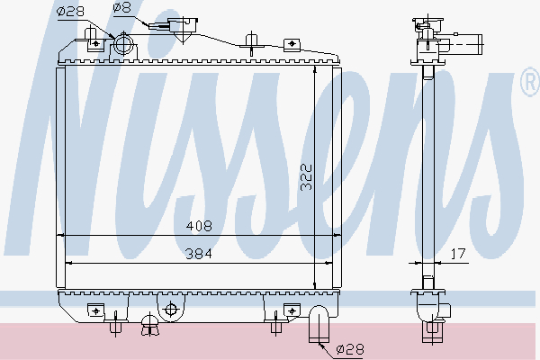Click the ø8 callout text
click(121, 9)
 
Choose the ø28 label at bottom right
click(351, 348)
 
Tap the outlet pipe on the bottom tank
click(319, 325)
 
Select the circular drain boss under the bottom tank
click(167, 310)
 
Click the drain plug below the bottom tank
click(148, 326)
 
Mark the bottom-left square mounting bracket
click(94, 310)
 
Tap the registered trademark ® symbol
click(529, 85)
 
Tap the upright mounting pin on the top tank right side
click(251, 38)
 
